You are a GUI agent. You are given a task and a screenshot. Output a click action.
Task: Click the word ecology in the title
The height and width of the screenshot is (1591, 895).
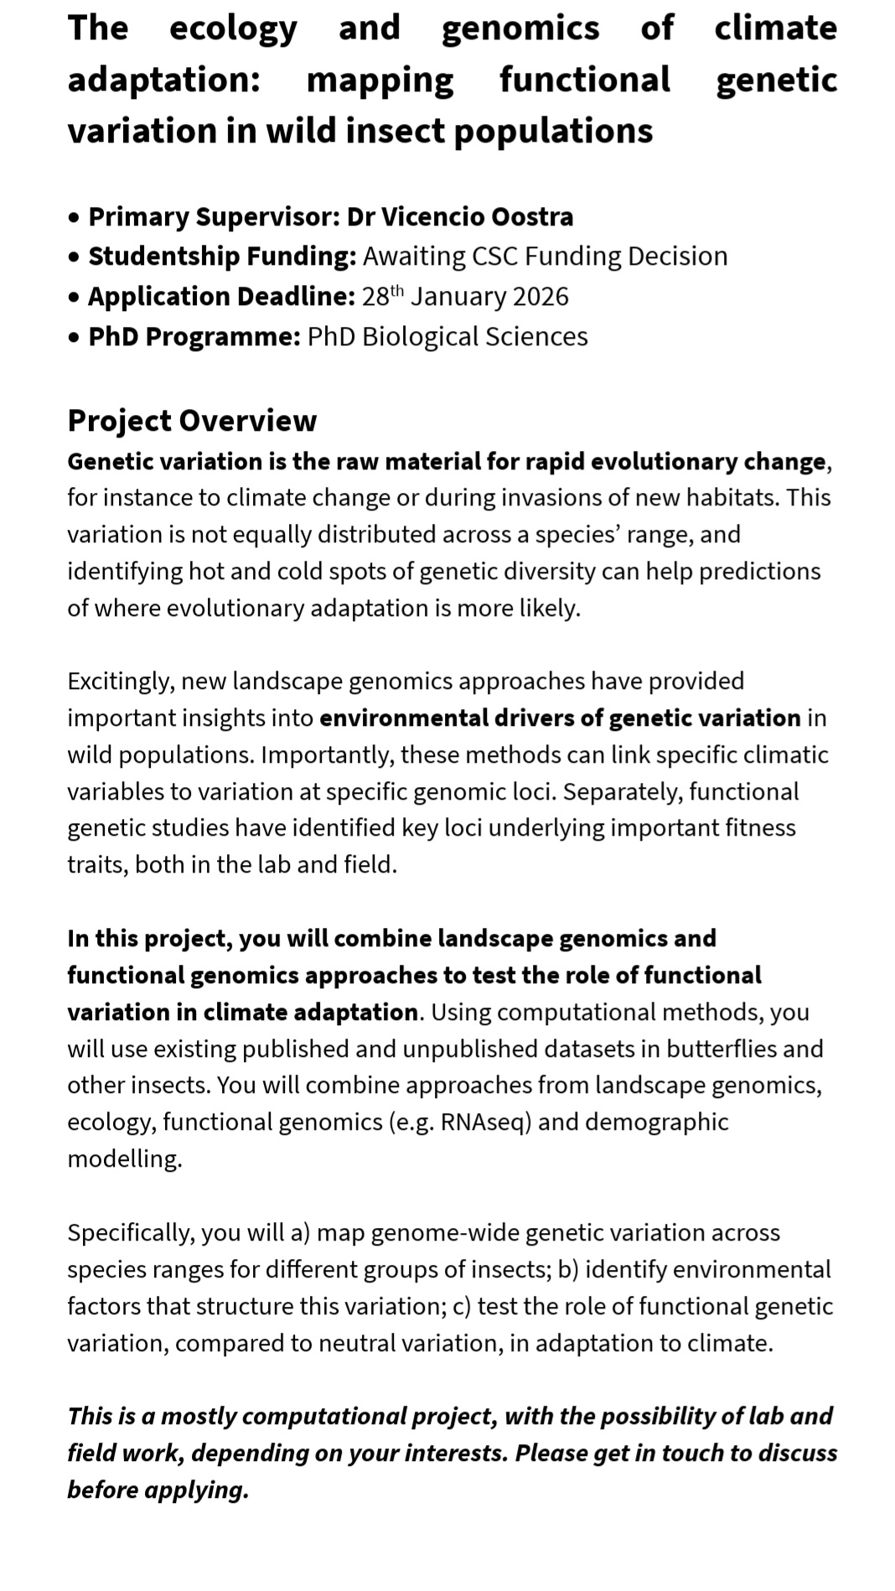(x=233, y=29)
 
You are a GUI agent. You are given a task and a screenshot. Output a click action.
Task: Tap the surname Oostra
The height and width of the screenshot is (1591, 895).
(x=532, y=216)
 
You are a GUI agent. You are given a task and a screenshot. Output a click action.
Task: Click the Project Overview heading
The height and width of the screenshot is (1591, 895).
(x=192, y=420)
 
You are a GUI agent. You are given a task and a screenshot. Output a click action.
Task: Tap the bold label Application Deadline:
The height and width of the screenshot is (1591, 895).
(x=222, y=296)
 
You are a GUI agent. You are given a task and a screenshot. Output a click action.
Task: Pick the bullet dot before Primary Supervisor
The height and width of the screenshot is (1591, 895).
(x=75, y=217)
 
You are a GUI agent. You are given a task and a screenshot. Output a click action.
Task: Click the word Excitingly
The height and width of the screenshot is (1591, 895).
(x=120, y=681)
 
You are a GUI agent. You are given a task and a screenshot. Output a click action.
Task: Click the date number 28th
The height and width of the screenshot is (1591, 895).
(x=382, y=296)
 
